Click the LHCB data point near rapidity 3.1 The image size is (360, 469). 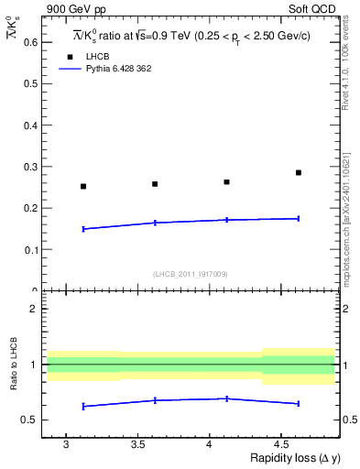[x=83, y=186]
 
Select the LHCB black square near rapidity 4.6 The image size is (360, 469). [x=299, y=172]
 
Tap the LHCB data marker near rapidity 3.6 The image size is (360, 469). [x=155, y=184]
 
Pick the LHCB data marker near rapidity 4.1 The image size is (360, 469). [x=227, y=181]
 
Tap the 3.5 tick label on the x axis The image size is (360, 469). [x=136, y=445]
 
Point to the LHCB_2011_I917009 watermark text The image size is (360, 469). [x=190, y=273]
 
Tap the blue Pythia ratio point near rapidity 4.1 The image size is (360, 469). [x=227, y=398]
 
